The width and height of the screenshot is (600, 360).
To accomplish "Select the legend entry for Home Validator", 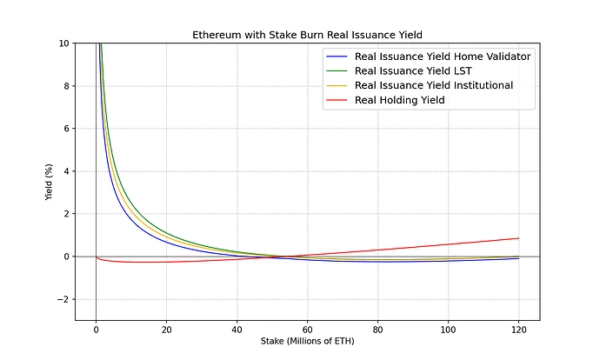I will (443, 56).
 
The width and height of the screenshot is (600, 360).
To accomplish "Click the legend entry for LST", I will (419, 70).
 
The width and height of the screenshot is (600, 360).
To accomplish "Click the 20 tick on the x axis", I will (166, 330).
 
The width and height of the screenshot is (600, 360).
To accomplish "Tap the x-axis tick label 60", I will (307, 330).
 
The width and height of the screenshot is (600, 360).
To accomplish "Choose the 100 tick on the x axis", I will (448, 330).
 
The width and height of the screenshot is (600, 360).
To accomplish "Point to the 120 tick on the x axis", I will (518, 330).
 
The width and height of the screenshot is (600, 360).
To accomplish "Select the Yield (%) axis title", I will (50, 182).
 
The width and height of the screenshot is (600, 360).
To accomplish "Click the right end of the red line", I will (518, 238).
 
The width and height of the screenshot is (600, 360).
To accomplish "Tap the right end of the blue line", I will (518, 258).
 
